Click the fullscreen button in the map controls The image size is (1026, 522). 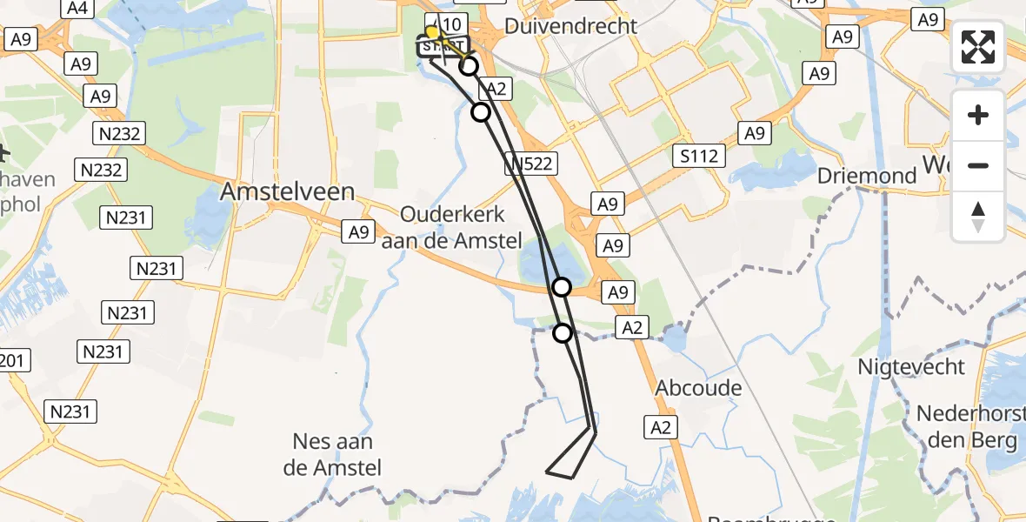pos(978,47)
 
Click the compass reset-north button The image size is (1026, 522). pos(978,217)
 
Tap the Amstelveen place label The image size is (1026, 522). pos(288,192)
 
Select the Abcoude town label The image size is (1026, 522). pos(699,388)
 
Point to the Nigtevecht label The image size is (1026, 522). pos(913,366)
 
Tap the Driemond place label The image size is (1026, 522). pos(867,176)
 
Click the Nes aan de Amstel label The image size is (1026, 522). pos(333,455)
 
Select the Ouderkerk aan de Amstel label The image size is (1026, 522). pos(452,228)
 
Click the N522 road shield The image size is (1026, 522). pos(530,163)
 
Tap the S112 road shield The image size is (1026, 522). pos(700,156)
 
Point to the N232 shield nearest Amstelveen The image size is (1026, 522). pos(101,170)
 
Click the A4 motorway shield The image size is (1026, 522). pos(77,8)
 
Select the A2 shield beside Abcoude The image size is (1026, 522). pos(661,426)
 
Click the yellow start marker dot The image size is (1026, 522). pos(431,33)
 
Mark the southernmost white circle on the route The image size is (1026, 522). pos(563,332)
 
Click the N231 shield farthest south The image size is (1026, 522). pos(72,412)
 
